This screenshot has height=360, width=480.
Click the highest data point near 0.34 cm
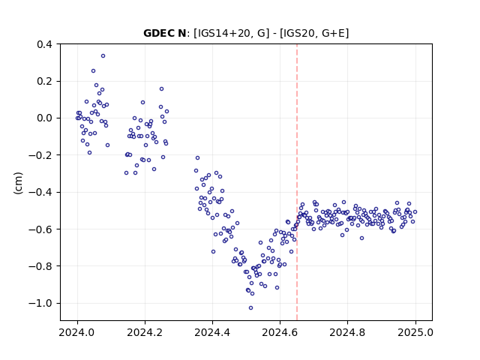(x=103, y=56)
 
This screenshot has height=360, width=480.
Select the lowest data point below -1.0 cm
(x=250, y=308)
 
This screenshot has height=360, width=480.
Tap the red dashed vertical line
(x=297, y=182)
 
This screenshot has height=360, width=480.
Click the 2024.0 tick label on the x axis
(x=77, y=332)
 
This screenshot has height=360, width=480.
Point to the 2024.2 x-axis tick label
(x=145, y=332)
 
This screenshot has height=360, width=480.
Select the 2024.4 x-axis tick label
(x=212, y=332)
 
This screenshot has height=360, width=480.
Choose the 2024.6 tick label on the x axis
(x=280, y=332)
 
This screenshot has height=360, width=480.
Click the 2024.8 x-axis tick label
(x=347, y=332)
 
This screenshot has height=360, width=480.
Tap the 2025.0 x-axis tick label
(x=415, y=332)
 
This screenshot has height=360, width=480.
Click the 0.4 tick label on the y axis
(x=45, y=44)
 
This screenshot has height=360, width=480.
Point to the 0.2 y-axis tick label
(x=45, y=82)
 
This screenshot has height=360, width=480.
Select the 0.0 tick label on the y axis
(x=45, y=118)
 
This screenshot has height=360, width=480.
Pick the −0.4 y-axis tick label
(x=42, y=192)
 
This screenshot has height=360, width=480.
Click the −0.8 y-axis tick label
(x=42, y=266)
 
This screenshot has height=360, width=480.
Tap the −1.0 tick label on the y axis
(x=42, y=303)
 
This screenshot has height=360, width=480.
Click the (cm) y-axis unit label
(x=18, y=183)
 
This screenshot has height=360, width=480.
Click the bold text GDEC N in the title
(x=165, y=33)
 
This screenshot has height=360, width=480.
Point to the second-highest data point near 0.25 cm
(x=93, y=71)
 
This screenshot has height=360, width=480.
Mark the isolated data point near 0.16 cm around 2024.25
(x=162, y=89)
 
